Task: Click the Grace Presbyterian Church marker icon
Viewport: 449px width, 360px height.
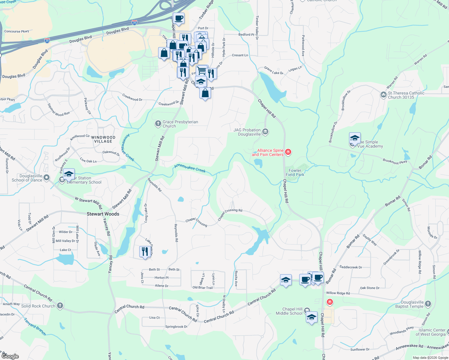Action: pyautogui.click(x=158, y=124)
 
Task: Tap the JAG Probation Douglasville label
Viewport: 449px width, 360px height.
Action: pyautogui.click(x=247, y=132)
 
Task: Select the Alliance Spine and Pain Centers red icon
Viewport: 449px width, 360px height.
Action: pyautogui.click(x=288, y=152)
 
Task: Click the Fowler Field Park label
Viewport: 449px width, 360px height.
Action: pyautogui.click(x=295, y=172)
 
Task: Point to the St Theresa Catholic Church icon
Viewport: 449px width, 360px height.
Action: pyautogui.click(x=383, y=95)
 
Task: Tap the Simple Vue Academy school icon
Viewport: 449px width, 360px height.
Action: pyautogui.click(x=354, y=139)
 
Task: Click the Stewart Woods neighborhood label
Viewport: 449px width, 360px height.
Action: pyautogui.click(x=103, y=214)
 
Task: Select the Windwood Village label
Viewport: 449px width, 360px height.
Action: pyautogui.click(x=103, y=139)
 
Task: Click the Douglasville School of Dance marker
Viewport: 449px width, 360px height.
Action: pyautogui.click(x=47, y=178)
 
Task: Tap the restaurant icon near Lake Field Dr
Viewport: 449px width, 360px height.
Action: pyautogui.click(x=145, y=251)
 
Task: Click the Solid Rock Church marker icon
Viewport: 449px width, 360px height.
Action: pyautogui.click(x=60, y=306)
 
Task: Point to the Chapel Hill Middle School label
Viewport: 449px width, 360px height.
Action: pyautogui.click(x=289, y=311)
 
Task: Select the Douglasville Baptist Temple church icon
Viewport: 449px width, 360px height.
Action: pyautogui.click(x=428, y=304)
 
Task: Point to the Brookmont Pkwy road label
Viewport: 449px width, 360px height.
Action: pyautogui.click(x=395, y=161)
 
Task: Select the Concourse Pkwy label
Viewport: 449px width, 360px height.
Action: pyautogui.click(x=17, y=31)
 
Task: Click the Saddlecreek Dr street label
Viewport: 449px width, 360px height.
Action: pyautogui.click(x=351, y=267)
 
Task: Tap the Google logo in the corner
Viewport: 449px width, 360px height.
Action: pyautogui.click(x=10, y=356)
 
